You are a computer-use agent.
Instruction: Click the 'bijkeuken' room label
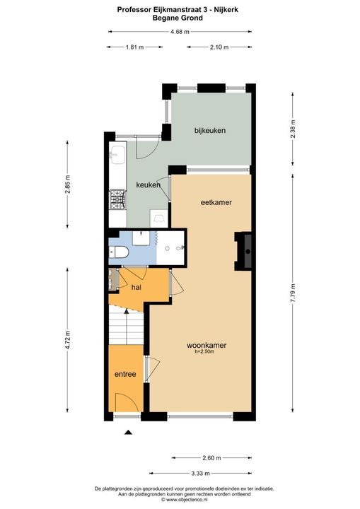pyautogui.click(x=211, y=131)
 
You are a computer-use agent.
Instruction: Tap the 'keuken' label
pyautogui.click(x=149, y=185)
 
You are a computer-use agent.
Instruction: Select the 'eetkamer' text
pyautogui.click(x=217, y=202)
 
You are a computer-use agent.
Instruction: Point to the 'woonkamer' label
pyautogui.click(x=207, y=346)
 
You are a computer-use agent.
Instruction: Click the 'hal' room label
pyautogui.click(x=137, y=287)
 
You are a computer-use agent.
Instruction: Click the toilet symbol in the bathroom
pyautogui.click(x=119, y=252)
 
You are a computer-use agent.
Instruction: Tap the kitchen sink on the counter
pyautogui.click(x=117, y=156)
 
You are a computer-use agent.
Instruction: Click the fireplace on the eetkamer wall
pyautogui.click(x=243, y=251)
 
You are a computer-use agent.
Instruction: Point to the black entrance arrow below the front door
pyautogui.click(x=128, y=433)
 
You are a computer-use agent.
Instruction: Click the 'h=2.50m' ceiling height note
pyautogui.click(x=207, y=353)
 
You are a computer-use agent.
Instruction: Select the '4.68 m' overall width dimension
pyautogui.click(x=180, y=31)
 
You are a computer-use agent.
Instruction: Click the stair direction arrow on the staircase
pyautogui.click(x=127, y=311)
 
